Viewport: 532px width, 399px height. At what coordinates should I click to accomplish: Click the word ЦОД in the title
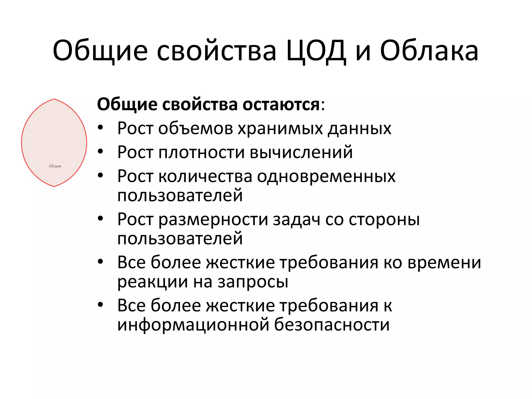pyautogui.click(x=316, y=51)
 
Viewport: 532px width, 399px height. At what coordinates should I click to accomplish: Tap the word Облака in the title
pyautogui.click(x=429, y=51)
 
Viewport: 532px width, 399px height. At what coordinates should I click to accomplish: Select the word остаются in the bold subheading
pyautogui.click(x=281, y=104)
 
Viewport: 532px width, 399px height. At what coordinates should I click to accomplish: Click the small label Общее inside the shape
pyautogui.click(x=55, y=166)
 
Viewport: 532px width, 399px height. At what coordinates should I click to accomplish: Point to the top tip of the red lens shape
pyautogui.click(x=54, y=99)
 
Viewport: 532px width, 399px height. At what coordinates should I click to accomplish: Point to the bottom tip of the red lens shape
pyautogui.click(x=54, y=186)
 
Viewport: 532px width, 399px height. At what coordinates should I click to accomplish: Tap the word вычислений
pyautogui.click(x=301, y=152)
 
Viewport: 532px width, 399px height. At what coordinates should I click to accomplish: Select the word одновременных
pyautogui.click(x=326, y=176)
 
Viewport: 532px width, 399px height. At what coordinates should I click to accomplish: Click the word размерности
pyautogui.click(x=213, y=220)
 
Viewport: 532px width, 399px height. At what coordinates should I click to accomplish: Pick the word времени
pyautogui.click(x=444, y=263)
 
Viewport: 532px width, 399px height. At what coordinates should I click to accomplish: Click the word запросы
pyautogui.click(x=253, y=282)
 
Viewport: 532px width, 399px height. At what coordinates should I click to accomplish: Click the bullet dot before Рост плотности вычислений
pyautogui.click(x=101, y=151)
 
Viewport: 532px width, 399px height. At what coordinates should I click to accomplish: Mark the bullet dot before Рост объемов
pyautogui.click(x=101, y=128)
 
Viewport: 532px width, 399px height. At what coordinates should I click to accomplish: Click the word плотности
pyautogui.click(x=202, y=152)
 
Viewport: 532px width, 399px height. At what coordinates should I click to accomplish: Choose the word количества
pyautogui.click(x=205, y=176)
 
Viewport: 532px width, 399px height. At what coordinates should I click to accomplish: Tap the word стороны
pyautogui.click(x=384, y=220)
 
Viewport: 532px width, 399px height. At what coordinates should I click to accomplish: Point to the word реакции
pyautogui.click(x=152, y=282)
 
